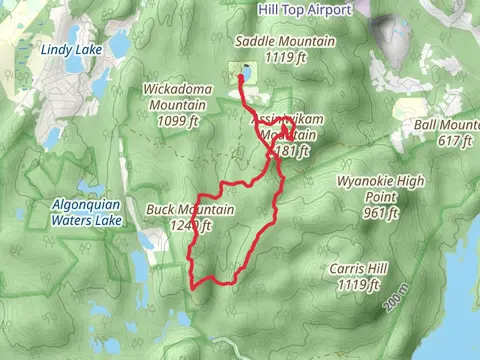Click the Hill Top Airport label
(305, 10)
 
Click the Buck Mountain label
(190, 210)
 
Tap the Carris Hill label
(356, 270)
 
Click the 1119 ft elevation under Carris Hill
(356, 285)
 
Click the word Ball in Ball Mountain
(426, 126)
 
